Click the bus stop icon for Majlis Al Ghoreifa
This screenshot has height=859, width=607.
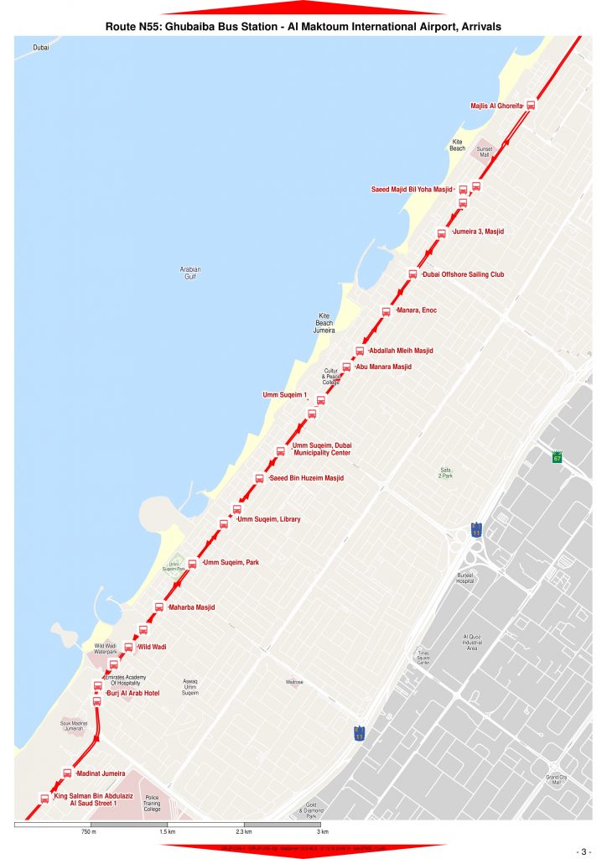tap(530, 105)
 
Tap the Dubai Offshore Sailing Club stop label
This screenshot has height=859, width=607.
tap(463, 274)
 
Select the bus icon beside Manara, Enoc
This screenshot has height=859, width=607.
tap(386, 311)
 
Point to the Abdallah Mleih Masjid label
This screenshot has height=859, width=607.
tap(401, 351)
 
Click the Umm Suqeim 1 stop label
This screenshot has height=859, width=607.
tap(284, 394)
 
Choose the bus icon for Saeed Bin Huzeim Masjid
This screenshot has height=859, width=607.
tap(259, 478)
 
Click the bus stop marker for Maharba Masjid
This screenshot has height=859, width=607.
tap(158, 607)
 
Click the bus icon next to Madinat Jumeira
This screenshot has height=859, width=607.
tap(67, 773)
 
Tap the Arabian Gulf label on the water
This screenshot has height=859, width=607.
tap(190, 273)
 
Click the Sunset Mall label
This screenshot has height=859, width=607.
tap(485, 150)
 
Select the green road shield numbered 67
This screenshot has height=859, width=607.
tap(558, 457)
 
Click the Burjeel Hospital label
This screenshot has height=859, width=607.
tap(465, 578)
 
